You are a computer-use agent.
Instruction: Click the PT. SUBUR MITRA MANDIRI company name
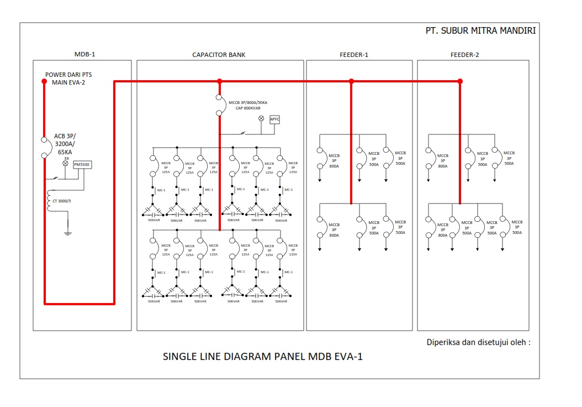click(x=480, y=31)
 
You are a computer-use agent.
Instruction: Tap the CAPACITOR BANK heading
click(x=219, y=55)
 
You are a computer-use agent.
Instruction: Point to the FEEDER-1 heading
click(x=354, y=55)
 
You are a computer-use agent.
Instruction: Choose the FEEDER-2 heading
click(x=464, y=55)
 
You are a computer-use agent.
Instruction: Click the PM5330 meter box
click(x=83, y=164)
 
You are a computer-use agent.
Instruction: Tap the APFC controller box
click(x=275, y=119)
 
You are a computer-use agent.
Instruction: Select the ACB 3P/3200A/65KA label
click(x=65, y=143)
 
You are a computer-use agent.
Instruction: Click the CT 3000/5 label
click(x=61, y=201)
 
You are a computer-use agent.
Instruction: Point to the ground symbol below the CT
click(x=68, y=233)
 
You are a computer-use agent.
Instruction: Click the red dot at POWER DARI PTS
click(x=45, y=81)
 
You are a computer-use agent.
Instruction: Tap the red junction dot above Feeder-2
click(x=460, y=81)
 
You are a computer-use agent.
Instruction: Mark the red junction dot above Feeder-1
click(x=351, y=81)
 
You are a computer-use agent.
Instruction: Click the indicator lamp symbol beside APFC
click(x=261, y=119)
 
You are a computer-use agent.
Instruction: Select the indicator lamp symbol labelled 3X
click(x=65, y=164)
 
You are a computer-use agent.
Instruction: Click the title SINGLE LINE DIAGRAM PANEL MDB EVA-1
click(x=263, y=357)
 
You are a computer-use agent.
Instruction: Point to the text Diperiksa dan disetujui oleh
click(x=478, y=342)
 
